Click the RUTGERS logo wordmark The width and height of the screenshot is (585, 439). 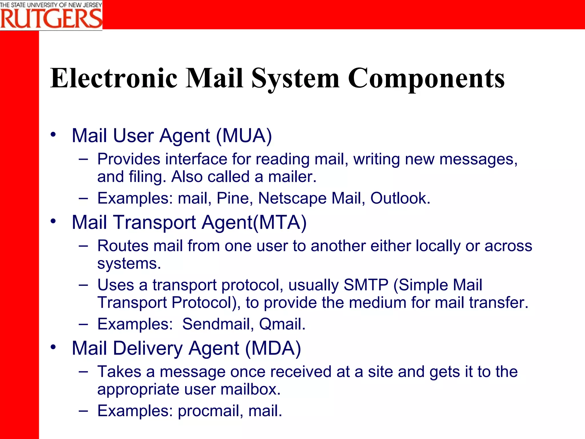point(51,19)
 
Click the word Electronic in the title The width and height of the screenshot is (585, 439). point(114,78)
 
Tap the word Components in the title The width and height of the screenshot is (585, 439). point(426,79)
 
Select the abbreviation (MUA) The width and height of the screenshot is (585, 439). point(244,136)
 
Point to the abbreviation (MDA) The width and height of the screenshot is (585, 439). point(273,348)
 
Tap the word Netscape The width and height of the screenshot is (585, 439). point(292,198)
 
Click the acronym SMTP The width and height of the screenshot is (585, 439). point(366,285)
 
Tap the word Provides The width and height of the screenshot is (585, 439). point(129,159)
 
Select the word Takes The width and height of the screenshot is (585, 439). point(119,372)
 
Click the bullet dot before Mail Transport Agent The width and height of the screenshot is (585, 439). point(53,221)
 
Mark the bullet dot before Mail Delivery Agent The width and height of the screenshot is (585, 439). point(53,347)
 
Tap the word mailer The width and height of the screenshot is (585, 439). point(292,177)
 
